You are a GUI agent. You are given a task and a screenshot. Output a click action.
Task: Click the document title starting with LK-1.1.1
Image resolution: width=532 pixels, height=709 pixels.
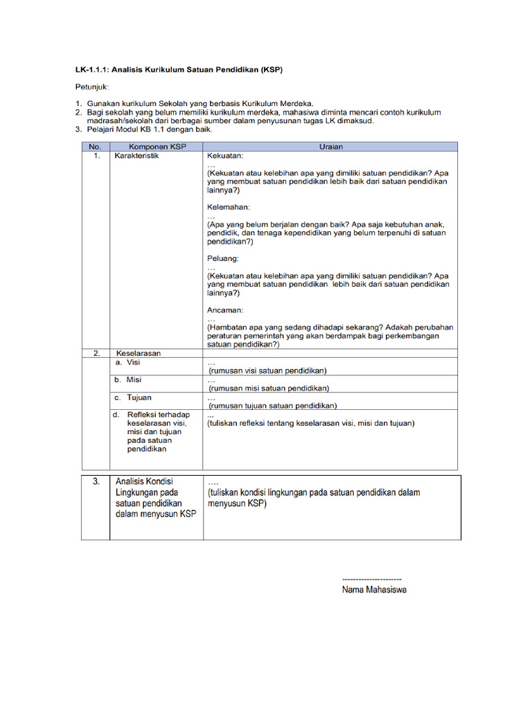(179, 70)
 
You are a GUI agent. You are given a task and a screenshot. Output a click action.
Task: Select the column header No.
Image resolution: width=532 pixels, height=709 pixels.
(96, 147)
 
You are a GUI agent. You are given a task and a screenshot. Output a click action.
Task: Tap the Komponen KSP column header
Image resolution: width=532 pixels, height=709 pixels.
(156, 147)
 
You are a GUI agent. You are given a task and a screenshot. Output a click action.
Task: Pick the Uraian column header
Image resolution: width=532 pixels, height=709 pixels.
(330, 147)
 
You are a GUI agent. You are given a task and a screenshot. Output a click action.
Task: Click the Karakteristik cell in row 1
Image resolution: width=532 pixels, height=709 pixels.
(137, 156)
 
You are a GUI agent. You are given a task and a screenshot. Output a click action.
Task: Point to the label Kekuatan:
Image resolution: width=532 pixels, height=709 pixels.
(227, 157)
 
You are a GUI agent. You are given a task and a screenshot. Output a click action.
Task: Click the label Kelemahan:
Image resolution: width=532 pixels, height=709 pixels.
(229, 207)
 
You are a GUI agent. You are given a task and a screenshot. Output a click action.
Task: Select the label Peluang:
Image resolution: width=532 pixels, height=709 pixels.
(223, 258)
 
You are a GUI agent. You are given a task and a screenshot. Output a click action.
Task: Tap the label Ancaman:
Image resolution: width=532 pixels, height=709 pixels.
(225, 309)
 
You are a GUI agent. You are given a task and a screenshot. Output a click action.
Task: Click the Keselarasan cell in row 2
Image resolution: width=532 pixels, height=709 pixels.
(139, 353)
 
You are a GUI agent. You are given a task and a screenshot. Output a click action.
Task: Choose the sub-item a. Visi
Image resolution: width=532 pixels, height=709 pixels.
(127, 362)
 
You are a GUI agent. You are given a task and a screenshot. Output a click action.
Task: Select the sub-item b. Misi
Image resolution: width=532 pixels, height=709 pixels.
(128, 379)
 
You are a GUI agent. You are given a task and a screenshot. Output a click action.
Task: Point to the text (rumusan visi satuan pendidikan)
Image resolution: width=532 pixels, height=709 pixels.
(267, 370)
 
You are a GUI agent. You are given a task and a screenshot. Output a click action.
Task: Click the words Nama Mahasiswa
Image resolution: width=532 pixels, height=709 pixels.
(374, 591)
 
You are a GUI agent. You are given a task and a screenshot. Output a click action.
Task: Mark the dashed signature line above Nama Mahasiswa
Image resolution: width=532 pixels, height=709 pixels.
(372, 579)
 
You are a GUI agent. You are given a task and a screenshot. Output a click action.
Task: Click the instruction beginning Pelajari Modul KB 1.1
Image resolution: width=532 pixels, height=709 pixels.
(150, 129)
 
